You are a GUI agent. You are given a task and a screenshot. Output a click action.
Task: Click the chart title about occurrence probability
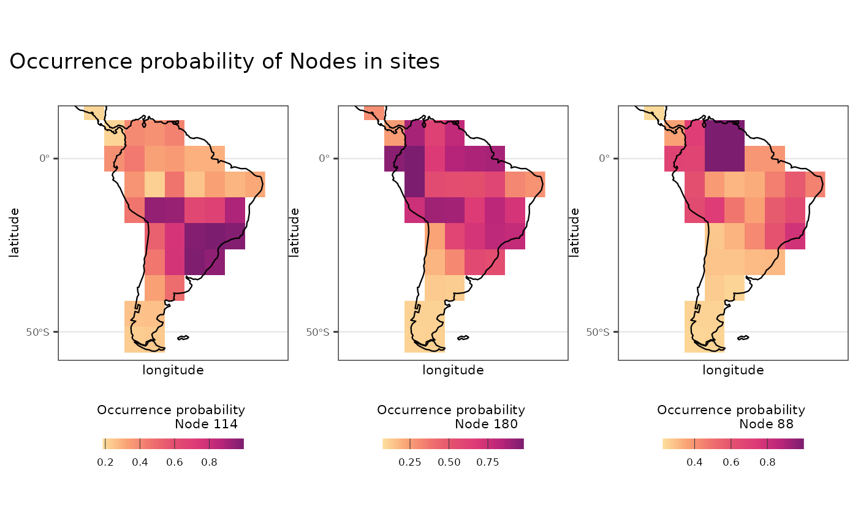pos(224,62)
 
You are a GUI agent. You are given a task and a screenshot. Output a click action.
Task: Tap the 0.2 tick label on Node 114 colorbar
pos(105,462)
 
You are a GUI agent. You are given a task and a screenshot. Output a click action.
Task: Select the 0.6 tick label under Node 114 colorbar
pos(175,462)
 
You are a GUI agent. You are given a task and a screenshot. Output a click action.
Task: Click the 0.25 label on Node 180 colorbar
pos(410,462)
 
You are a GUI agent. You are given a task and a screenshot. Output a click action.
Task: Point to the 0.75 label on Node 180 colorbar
pos(488,462)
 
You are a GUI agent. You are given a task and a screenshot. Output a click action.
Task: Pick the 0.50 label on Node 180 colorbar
pos(449,462)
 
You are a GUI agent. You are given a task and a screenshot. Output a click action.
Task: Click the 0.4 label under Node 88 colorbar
pos(694,462)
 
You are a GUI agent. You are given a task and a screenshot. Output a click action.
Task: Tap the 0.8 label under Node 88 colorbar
pos(767,462)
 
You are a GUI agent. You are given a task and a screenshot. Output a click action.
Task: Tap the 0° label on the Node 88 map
pos(603,158)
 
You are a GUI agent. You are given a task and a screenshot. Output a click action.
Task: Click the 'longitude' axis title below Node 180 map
pos(453,370)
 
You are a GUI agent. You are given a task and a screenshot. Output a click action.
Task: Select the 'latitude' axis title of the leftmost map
pos(14,232)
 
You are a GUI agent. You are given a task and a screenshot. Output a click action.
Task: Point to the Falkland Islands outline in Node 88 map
pos(743,338)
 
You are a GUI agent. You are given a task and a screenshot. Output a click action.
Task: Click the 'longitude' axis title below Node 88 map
pos(733,370)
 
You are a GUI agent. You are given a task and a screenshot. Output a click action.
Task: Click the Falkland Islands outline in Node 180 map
pos(463,338)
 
